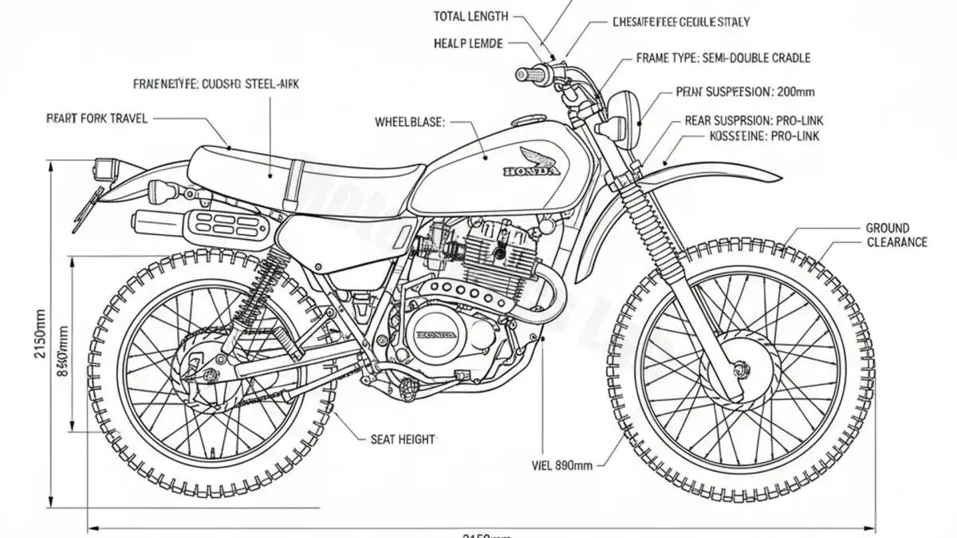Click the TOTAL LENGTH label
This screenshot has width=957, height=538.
[x=471, y=16]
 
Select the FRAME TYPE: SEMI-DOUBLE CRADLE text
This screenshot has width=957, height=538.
[x=723, y=58]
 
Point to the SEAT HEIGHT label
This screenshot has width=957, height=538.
[x=404, y=438]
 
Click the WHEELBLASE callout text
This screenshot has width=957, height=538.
[x=409, y=123]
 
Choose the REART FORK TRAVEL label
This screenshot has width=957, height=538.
[x=97, y=119]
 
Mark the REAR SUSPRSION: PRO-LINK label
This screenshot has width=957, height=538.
[x=754, y=121]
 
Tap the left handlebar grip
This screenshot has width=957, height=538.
[x=531, y=74]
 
